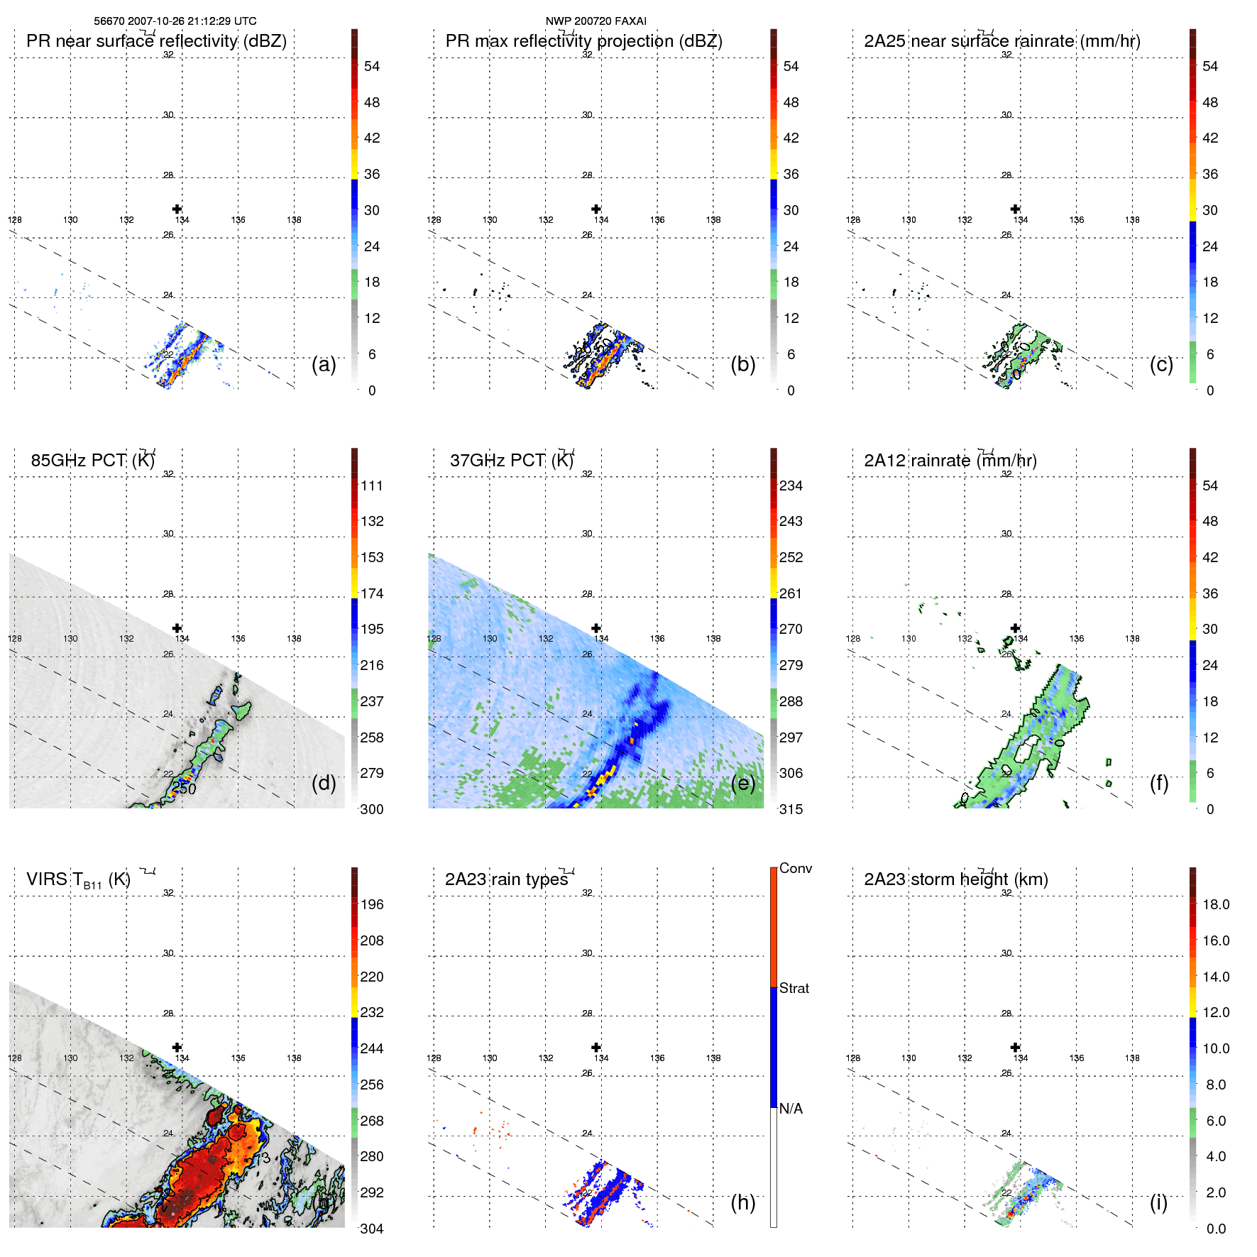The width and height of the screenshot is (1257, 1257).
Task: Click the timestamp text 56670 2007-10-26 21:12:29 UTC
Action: [175, 21]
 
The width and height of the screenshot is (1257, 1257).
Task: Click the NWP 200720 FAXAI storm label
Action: [595, 21]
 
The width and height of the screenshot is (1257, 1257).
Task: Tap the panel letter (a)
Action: [324, 364]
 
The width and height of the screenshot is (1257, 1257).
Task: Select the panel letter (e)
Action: [743, 783]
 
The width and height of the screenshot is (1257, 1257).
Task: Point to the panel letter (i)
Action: [1158, 1202]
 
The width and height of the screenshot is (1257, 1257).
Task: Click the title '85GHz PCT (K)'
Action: [92, 461]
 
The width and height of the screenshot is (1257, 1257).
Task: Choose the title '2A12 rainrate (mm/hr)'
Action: [950, 461]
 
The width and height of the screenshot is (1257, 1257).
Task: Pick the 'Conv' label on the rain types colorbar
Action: [796, 869]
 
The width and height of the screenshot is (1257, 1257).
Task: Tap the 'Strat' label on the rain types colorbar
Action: [794, 989]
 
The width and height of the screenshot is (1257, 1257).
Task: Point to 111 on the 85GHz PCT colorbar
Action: [372, 486]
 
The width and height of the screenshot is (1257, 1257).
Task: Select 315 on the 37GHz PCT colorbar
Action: [791, 810]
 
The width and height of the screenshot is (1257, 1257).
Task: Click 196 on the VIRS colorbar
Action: [372, 905]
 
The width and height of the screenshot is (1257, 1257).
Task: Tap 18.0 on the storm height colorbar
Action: [1216, 905]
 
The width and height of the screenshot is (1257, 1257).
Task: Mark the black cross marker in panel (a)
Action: [177, 209]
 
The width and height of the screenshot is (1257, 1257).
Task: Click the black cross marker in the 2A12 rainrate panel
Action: [1016, 628]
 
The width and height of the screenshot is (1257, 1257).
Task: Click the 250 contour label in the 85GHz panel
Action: [184, 789]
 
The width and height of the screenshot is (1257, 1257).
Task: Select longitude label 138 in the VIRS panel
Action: [294, 1058]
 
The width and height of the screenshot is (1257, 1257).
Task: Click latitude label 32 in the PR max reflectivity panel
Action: [587, 55]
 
